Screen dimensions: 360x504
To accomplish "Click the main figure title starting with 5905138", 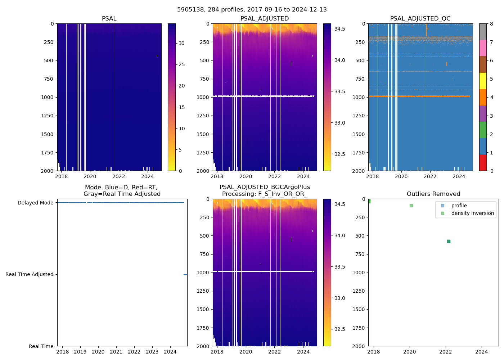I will (x=252, y=10).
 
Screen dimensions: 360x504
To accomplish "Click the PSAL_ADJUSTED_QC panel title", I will (x=420, y=19).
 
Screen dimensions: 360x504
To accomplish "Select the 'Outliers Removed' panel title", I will (x=433, y=194).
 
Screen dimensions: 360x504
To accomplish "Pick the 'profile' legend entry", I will (x=459, y=206).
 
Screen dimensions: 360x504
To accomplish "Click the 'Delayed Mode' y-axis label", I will (x=35, y=203).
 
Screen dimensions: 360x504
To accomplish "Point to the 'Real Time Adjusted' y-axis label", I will (x=29, y=274).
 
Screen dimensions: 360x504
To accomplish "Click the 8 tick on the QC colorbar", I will (x=491, y=24).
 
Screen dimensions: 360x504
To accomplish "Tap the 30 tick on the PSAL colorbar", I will (x=181, y=43).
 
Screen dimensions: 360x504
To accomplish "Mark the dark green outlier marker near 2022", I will (x=449, y=241).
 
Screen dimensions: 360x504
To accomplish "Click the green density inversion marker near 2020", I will (x=411, y=206).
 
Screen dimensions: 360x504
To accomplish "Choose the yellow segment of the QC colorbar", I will (x=483, y=81).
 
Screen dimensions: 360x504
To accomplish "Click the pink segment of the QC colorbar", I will (x=483, y=48).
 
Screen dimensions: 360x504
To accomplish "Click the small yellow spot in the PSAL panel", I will (x=157, y=55).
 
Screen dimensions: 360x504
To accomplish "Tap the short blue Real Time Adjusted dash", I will (x=185, y=274).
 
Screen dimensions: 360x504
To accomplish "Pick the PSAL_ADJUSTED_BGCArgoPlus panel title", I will (x=265, y=190).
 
